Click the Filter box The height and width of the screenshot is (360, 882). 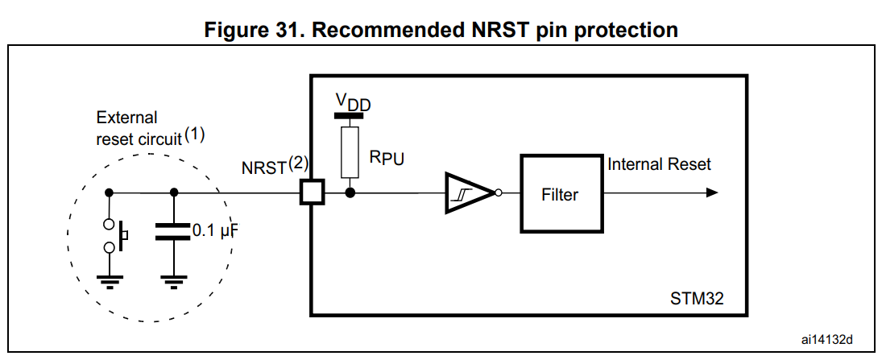coord(559,194)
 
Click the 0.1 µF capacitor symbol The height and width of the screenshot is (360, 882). coord(174,233)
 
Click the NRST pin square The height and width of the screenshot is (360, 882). coord(311,192)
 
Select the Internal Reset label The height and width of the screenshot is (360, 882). coord(660,164)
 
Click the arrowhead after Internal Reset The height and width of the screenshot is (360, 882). coord(711,192)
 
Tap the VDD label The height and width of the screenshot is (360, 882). coord(353,101)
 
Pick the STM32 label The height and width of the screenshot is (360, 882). coord(697,299)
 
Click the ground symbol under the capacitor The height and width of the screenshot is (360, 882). coord(174,280)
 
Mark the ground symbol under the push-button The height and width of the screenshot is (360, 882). coord(109,280)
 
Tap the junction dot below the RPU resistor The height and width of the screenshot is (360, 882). coord(350,192)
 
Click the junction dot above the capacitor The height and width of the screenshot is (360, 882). coord(174,192)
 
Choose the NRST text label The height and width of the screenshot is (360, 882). coord(264,168)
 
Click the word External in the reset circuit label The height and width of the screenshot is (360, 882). coord(126,118)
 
